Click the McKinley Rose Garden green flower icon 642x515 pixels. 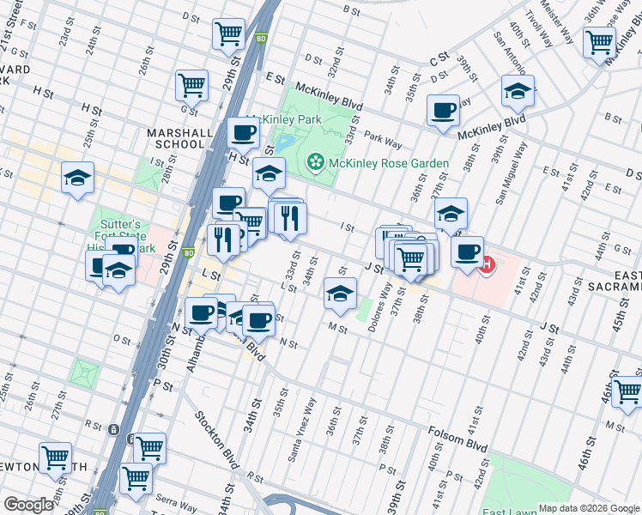316,162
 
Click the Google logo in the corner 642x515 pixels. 28,505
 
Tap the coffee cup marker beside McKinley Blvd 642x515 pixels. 443,111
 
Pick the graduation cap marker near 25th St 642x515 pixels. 77,178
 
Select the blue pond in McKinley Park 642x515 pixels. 286,141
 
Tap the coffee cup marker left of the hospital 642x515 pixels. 467,252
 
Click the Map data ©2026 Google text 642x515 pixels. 588,508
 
